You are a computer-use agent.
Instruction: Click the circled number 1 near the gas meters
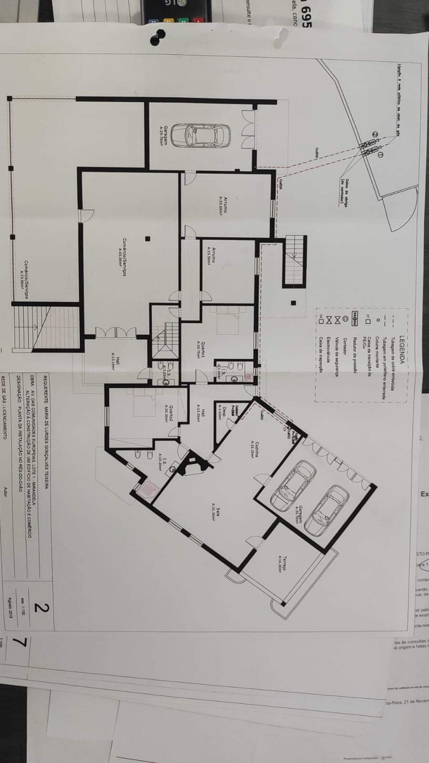(x=380, y=155)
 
